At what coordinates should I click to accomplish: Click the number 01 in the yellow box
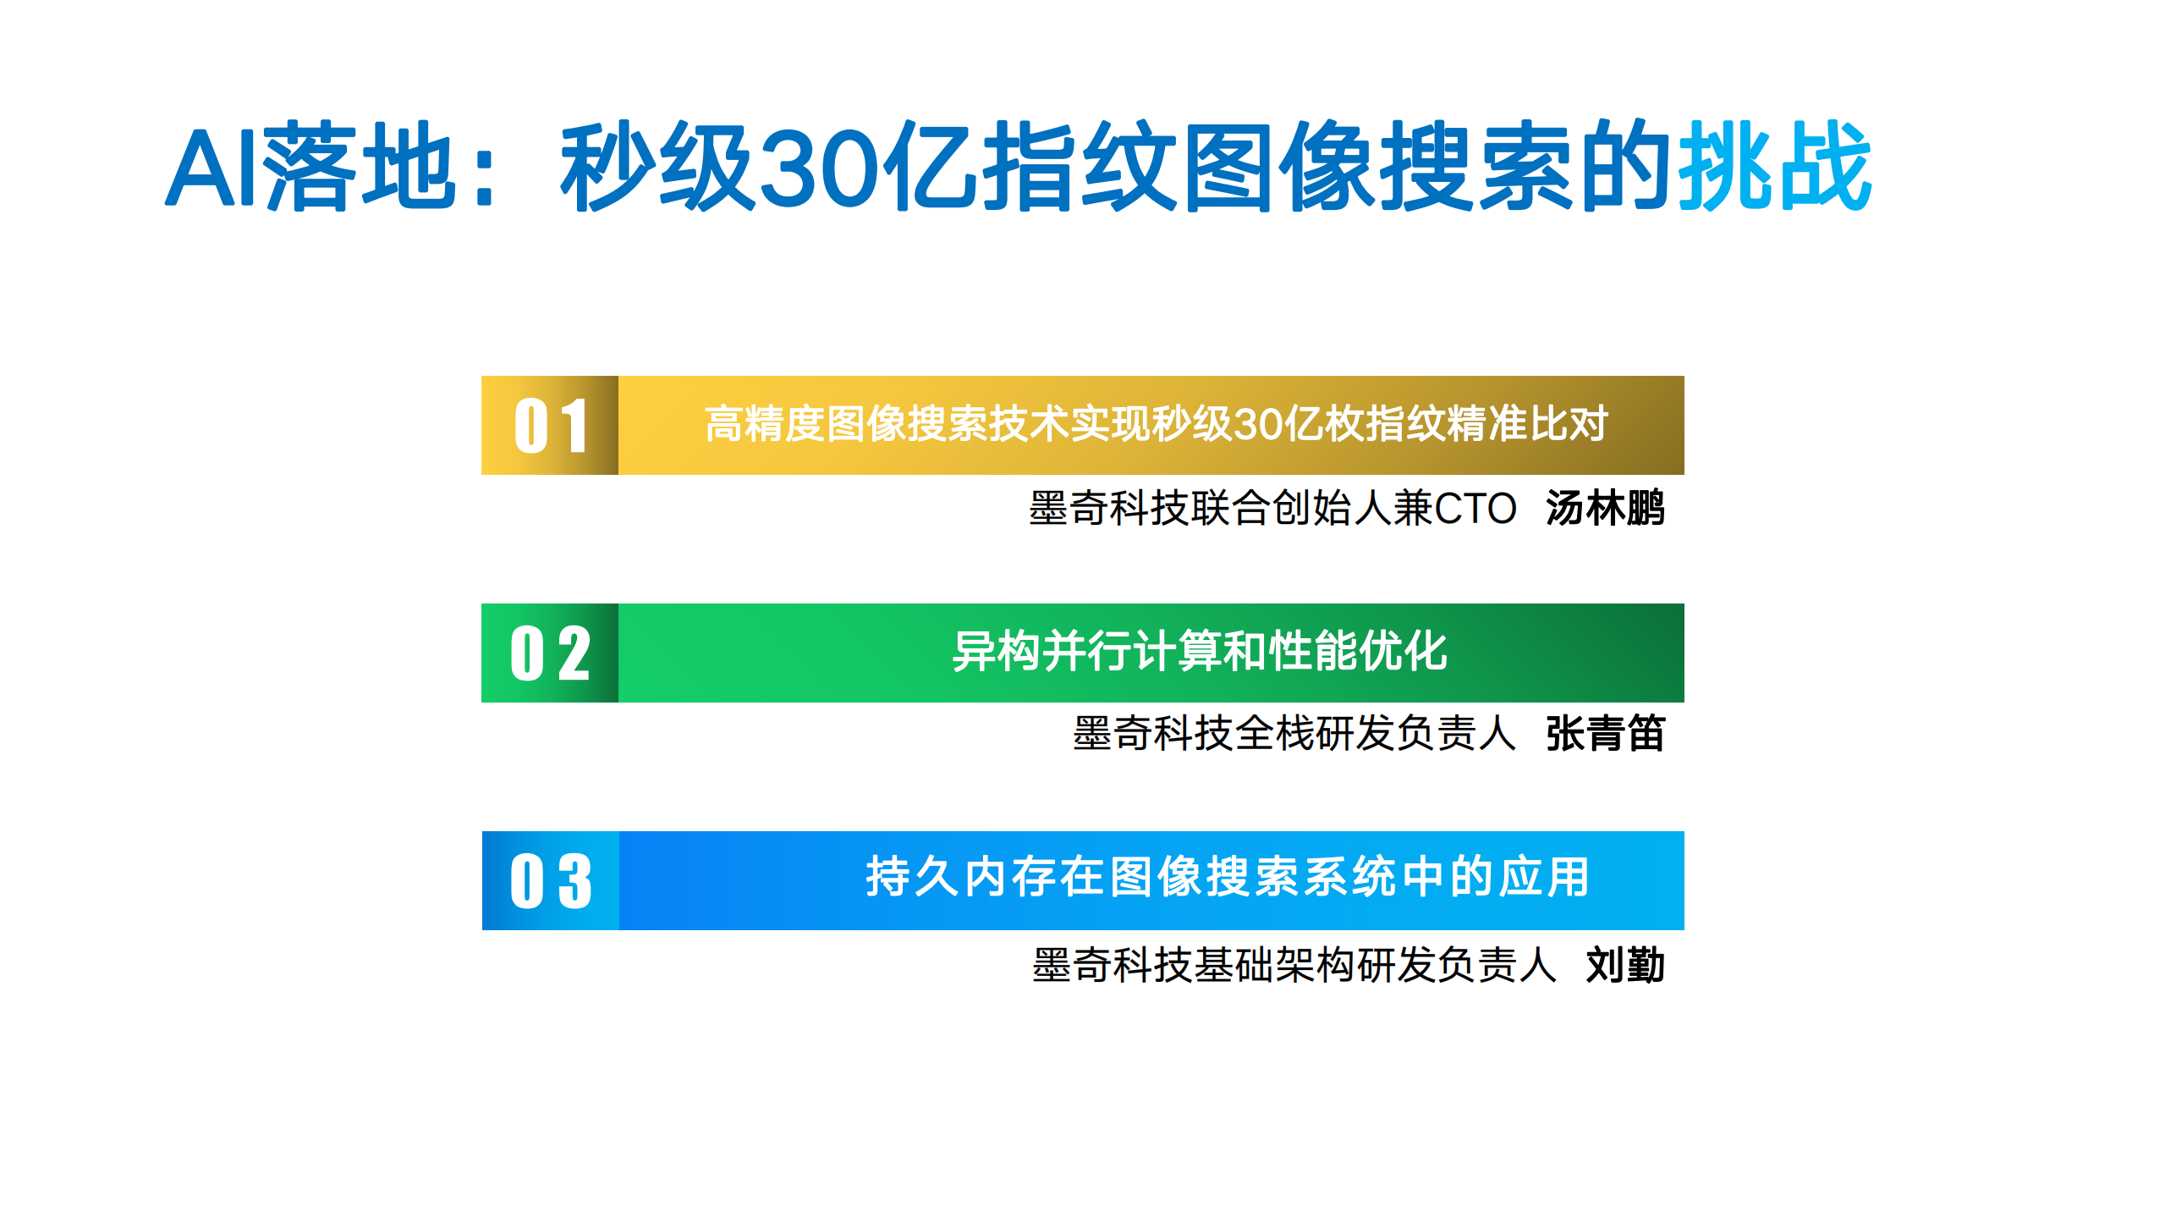[551, 426]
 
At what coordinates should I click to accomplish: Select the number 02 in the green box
[551, 653]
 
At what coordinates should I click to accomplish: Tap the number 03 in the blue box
[551, 881]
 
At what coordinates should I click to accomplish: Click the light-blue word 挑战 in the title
[1775, 166]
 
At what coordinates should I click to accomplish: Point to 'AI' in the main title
[212, 168]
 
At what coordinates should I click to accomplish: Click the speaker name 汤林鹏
[1605, 509]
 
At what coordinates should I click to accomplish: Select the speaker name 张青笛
[1605, 734]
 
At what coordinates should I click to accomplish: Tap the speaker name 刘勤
[1625, 965]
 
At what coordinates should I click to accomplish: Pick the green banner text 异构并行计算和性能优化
[1200, 652]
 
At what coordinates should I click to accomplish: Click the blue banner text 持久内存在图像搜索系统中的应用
[1228, 877]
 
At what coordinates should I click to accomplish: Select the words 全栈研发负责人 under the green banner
[1376, 734]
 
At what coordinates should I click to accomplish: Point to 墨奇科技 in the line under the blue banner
[1112, 965]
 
